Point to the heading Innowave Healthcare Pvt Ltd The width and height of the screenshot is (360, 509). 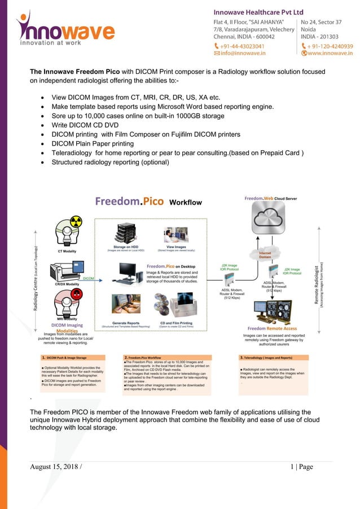pos(258,12)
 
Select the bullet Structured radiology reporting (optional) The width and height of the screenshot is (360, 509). pos(110,163)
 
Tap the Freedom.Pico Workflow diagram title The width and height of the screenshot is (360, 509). pos(148,202)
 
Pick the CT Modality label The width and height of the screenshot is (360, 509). pos(68,251)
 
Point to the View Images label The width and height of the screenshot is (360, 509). pos(176,247)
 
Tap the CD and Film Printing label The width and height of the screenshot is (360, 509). pos(176,323)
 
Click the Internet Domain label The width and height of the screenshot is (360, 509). pos(265,255)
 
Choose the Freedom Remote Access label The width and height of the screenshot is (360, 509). pos(272,328)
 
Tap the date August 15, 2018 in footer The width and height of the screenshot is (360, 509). pos(55,467)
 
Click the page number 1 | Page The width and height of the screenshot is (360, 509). pos(301,467)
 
